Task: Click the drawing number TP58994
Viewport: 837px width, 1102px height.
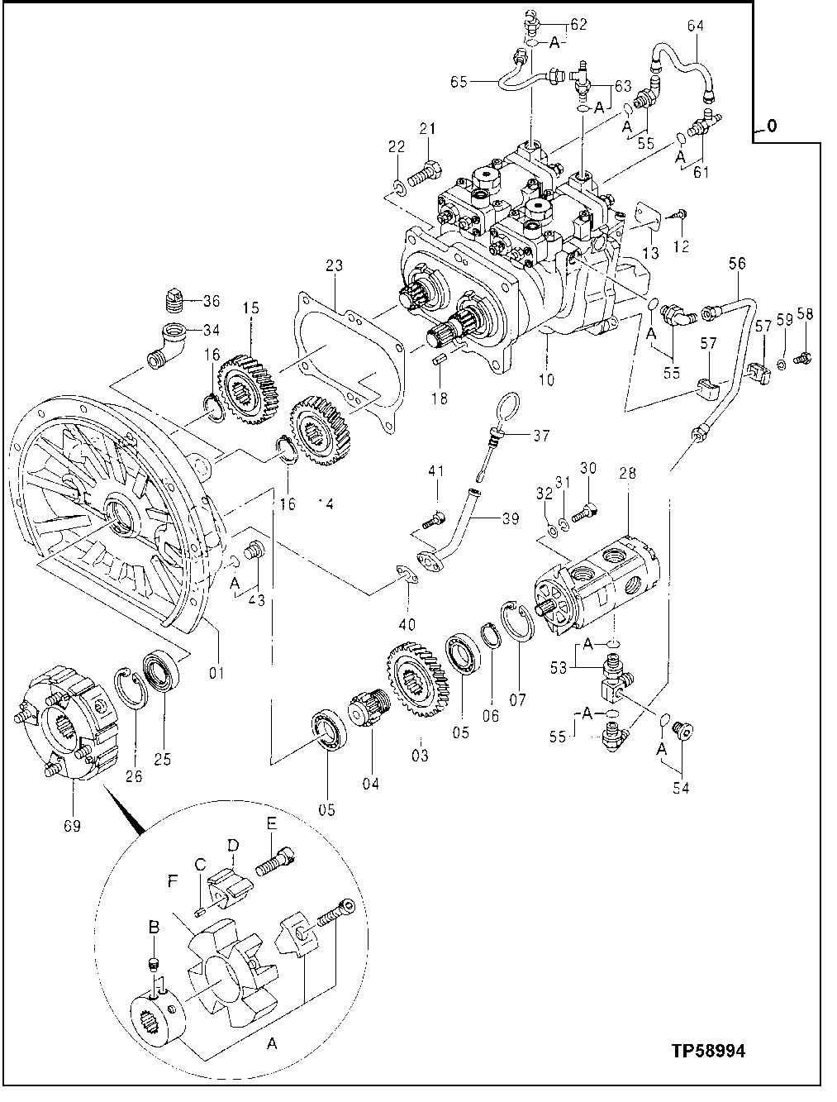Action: pos(708,1051)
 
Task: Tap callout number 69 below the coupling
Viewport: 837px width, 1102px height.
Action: pos(72,824)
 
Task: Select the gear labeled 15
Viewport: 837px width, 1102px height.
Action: pos(245,384)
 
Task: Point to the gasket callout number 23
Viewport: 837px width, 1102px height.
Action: pos(333,266)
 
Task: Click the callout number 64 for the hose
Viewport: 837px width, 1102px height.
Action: pos(695,26)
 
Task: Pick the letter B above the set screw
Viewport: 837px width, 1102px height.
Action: pos(153,928)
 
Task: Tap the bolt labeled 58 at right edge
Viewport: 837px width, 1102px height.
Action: pos(801,359)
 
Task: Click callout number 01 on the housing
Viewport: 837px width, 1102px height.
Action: pos(216,674)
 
